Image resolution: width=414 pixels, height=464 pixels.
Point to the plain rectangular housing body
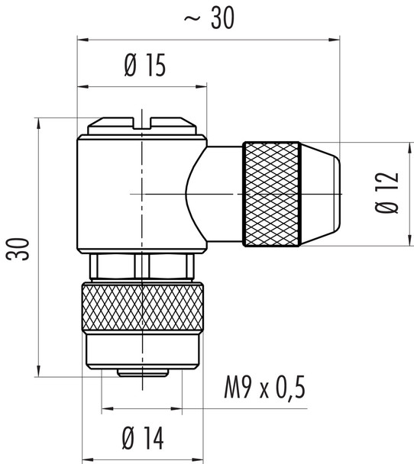click(130, 195)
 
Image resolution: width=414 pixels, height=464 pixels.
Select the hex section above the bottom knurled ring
click(142, 267)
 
